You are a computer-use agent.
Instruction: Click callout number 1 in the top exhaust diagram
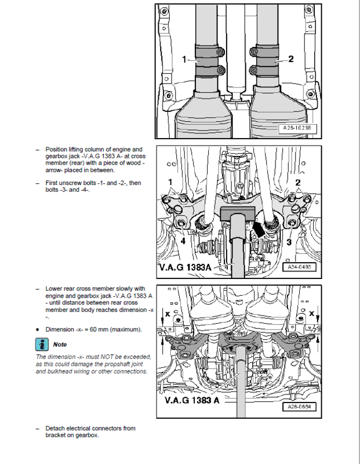click(184, 59)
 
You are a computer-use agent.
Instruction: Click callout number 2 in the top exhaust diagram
click(291, 59)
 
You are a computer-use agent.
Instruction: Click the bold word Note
click(61, 345)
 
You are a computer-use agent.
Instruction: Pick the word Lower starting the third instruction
click(54, 288)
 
